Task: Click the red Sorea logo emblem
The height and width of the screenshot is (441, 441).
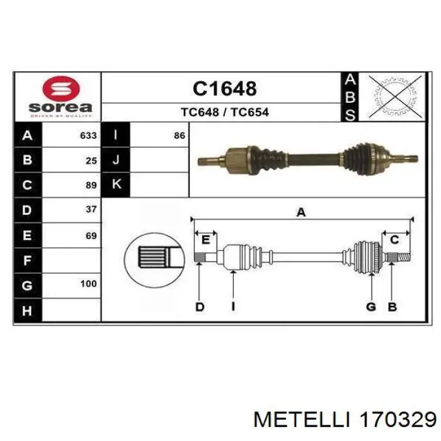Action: [x=61, y=89]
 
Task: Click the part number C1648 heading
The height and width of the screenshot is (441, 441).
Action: [x=225, y=88]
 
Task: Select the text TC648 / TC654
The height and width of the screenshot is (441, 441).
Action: [x=225, y=112]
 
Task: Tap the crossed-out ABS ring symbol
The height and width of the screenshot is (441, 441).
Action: [x=396, y=96]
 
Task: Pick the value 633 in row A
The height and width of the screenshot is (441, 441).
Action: [x=88, y=135]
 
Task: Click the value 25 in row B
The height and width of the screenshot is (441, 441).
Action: [x=91, y=161]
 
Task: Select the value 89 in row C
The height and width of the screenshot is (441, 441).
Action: [x=91, y=185]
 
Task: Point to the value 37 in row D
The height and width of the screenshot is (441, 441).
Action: [x=91, y=209]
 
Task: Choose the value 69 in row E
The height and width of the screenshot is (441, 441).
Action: [x=91, y=236]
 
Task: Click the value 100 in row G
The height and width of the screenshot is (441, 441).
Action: [x=89, y=283]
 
